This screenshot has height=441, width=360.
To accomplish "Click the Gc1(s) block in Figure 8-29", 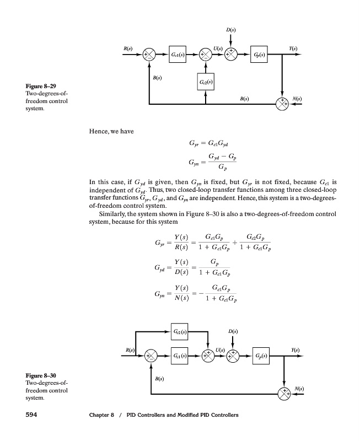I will (x=178, y=56).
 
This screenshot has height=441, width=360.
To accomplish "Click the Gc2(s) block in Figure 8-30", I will (x=180, y=332).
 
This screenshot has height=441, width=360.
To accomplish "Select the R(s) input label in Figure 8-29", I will (x=128, y=49).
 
